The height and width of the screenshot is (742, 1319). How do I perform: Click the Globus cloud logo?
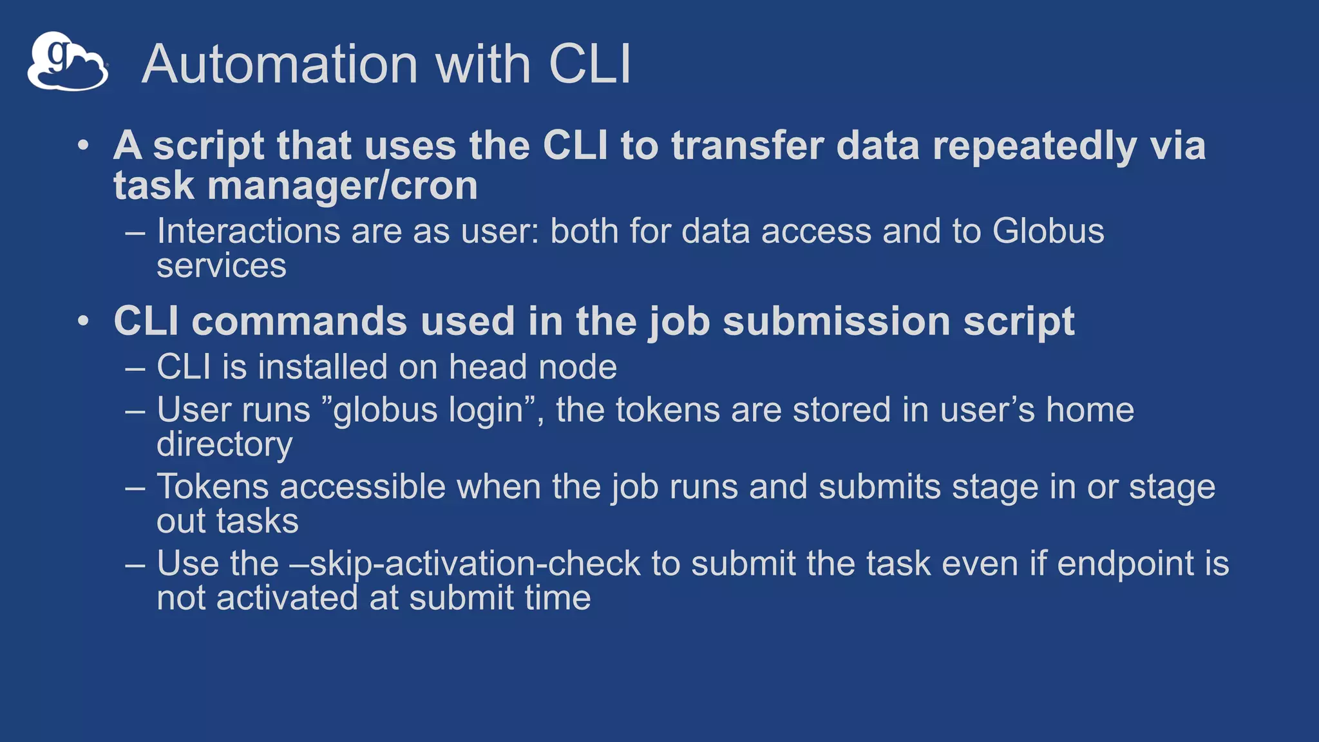coord(67,62)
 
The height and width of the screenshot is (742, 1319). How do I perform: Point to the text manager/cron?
coord(343,186)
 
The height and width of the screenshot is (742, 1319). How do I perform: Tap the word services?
coord(222,265)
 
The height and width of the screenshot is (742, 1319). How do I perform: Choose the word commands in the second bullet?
coord(299,321)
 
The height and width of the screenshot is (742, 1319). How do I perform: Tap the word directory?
coord(224,444)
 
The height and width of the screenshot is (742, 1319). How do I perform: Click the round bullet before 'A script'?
coord(83,146)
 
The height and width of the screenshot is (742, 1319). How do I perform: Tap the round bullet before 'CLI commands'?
coord(83,321)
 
